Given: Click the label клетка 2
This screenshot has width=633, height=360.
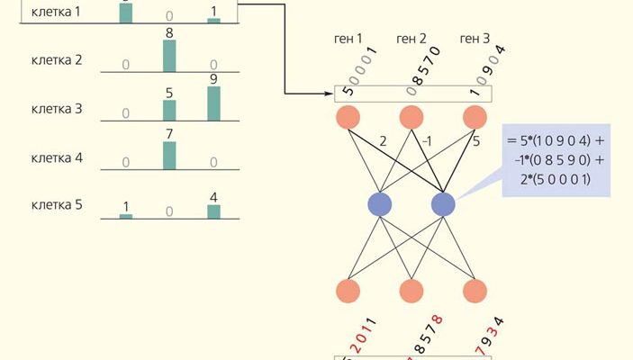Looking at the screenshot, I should click(57, 60).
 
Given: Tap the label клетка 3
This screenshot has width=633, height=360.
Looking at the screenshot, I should click(57, 109).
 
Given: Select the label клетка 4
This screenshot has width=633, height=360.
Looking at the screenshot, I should click(57, 157).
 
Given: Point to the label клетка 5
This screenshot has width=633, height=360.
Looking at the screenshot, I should click(57, 204).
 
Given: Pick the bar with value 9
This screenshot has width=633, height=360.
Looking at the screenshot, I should click(213, 103).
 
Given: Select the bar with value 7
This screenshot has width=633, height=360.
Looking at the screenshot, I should click(169, 153).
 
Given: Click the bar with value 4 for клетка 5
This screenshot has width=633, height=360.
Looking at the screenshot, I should click(213, 211).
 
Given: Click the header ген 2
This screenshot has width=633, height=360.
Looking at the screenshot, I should click(411, 39).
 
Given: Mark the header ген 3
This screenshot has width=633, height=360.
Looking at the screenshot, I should click(475, 39).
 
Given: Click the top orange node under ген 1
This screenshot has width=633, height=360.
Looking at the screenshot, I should click(348, 118).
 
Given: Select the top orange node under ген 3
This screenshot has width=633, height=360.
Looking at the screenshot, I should click(475, 118).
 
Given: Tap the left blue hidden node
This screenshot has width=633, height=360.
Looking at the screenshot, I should click(380, 203).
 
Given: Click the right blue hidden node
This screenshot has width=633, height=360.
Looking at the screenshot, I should click(442, 203).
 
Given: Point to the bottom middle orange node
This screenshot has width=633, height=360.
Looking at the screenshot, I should click(411, 291).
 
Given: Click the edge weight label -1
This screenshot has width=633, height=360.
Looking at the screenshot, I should click(429, 140).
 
